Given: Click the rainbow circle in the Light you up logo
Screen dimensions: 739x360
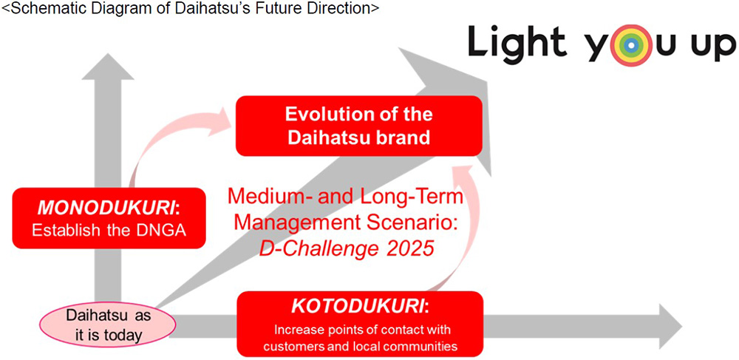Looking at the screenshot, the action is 633,44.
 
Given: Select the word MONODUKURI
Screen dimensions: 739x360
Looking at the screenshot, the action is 106,208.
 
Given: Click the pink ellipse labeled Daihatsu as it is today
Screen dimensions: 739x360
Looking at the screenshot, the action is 107,325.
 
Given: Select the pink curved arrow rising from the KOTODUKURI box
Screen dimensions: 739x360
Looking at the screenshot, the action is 460,226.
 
